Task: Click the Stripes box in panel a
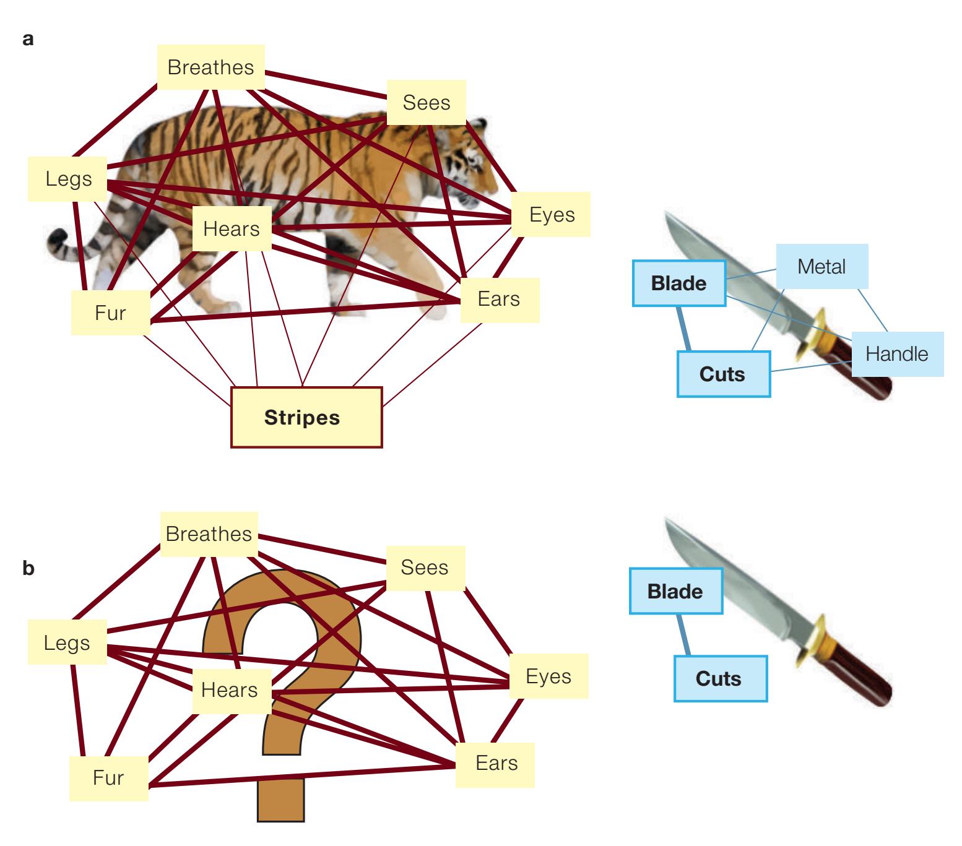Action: click(306, 417)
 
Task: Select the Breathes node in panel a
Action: click(210, 67)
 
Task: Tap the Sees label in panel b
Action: click(425, 568)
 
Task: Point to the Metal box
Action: click(821, 267)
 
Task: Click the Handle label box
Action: click(897, 354)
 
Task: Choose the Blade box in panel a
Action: click(678, 283)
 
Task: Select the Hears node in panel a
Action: click(232, 229)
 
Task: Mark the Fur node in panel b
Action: click(108, 778)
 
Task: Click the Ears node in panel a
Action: click(499, 300)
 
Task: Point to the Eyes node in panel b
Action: click(548, 676)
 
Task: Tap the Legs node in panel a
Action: click(68, 179)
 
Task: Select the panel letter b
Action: click(28, 569)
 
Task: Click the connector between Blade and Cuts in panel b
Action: click(683, 635)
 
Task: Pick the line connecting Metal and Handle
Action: click(873, 310)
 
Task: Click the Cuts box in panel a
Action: click(723, 374)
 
